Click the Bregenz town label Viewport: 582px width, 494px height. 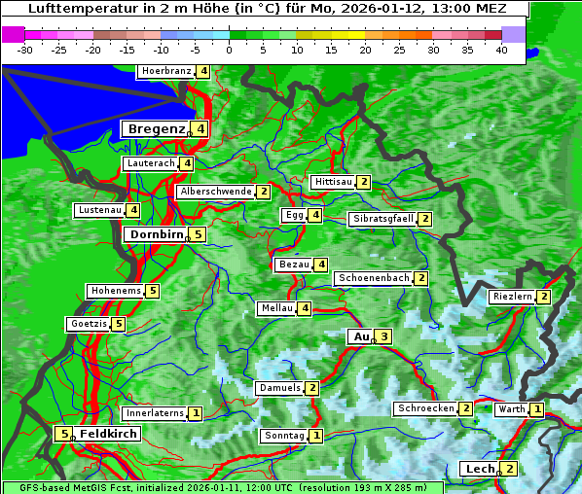coord(155,128)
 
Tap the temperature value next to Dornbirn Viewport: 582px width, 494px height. coord(198,234)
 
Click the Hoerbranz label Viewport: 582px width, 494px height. coord(165,71)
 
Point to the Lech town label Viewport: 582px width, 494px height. coord(480,469)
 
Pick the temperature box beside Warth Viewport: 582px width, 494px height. coord(537,409)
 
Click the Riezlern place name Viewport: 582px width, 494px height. coord(512,296)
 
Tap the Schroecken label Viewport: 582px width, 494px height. coord(425,408)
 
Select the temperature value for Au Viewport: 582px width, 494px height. coord(384,336)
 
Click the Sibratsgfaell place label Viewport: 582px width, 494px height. coord(382,219)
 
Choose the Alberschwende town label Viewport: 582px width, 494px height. coord(216,192)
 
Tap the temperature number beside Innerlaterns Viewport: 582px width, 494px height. coord(196,413)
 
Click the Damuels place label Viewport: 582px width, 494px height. coord(279,388)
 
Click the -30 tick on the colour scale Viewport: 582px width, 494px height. coord(25,49)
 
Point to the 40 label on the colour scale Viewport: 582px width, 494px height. coord(501,49)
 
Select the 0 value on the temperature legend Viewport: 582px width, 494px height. coord(229,49)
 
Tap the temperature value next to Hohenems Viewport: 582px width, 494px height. coord(153,291)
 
